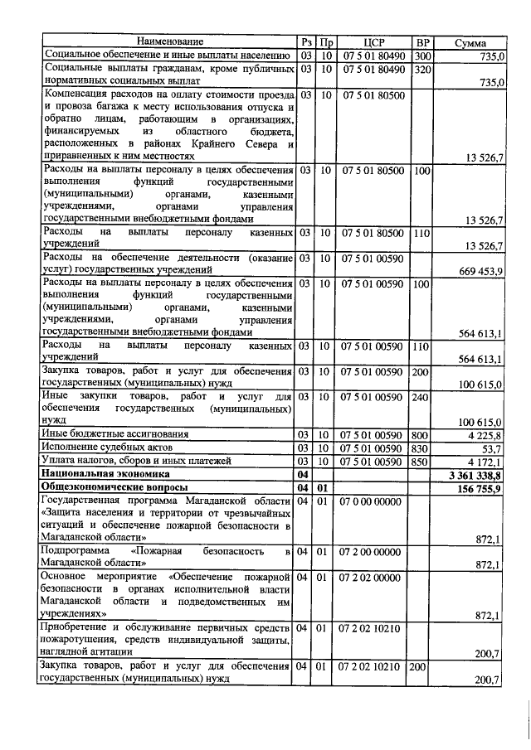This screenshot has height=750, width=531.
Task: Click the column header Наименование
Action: click(x=169, y=41)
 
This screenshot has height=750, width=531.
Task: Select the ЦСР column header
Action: click(x=373, y=41)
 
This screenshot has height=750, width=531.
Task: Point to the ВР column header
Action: click(x=422, y=41)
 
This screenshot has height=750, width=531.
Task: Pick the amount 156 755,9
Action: click(x=480, y=488)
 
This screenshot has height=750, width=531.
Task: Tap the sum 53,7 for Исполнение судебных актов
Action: click(x=490, y=448)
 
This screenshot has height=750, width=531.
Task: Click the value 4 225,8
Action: click(x=485, y=434)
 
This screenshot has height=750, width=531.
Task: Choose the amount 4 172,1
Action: click(x=485, y=461)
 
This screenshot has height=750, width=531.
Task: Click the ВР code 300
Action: click(x=421, y=55)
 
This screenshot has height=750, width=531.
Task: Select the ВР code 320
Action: click(x=421, y=68)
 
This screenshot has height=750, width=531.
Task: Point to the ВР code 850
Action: click(x=421, y=461)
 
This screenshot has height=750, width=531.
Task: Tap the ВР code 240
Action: click(x=421, y=397)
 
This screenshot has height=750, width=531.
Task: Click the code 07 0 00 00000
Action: click(x=373, y=501)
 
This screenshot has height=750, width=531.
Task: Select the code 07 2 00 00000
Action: click(x=373, y=551)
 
